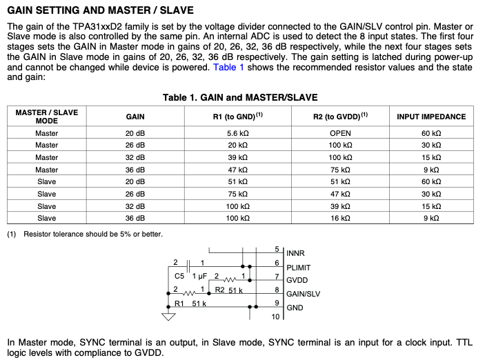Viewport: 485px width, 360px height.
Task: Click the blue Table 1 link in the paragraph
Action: pos(229,68)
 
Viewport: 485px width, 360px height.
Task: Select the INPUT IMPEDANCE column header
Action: pos(430,117)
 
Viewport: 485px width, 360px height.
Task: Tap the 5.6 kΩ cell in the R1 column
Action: pos(237,133)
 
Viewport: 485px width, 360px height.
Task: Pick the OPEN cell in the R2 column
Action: pos(340,133)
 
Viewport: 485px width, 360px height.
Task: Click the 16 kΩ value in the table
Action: pos(340,218)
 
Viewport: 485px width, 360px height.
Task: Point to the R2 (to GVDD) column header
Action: pos(340,117)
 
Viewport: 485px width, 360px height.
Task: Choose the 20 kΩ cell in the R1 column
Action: pos(237,146)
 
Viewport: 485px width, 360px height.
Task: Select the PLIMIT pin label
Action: pos(299,267)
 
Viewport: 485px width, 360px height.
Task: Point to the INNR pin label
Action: pos(295,254)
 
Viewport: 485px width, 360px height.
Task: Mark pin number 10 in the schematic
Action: pos(275,317)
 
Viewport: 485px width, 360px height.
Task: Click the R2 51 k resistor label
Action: pos(229,290)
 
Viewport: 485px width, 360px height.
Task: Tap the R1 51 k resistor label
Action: pos(190,303)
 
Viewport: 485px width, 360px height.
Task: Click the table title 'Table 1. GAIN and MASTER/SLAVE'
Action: pos(240,98)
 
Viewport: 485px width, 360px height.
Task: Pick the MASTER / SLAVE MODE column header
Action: pos(47,117)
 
